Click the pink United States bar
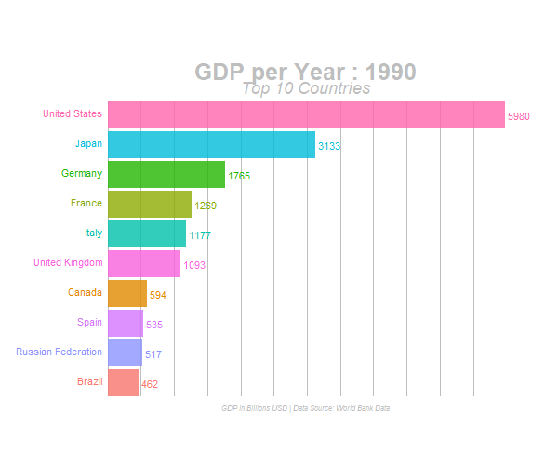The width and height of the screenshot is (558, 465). point(306,114)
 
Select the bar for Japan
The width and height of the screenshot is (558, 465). point(211,144)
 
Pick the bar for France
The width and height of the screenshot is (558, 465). point(150,204)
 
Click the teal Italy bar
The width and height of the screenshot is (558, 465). point(147,233)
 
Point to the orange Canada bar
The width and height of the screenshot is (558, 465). point(127,293)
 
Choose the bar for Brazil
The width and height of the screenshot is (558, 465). point(124,382)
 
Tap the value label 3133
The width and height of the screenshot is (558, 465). point(330,146)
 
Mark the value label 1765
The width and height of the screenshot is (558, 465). point(239,176)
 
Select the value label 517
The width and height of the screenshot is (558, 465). point(153,354)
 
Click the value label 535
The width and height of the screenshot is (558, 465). point(154,325)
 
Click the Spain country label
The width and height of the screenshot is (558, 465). point(90,322)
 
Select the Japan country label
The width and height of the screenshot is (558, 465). point(88,143)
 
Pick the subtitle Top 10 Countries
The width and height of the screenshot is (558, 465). point(306,88)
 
